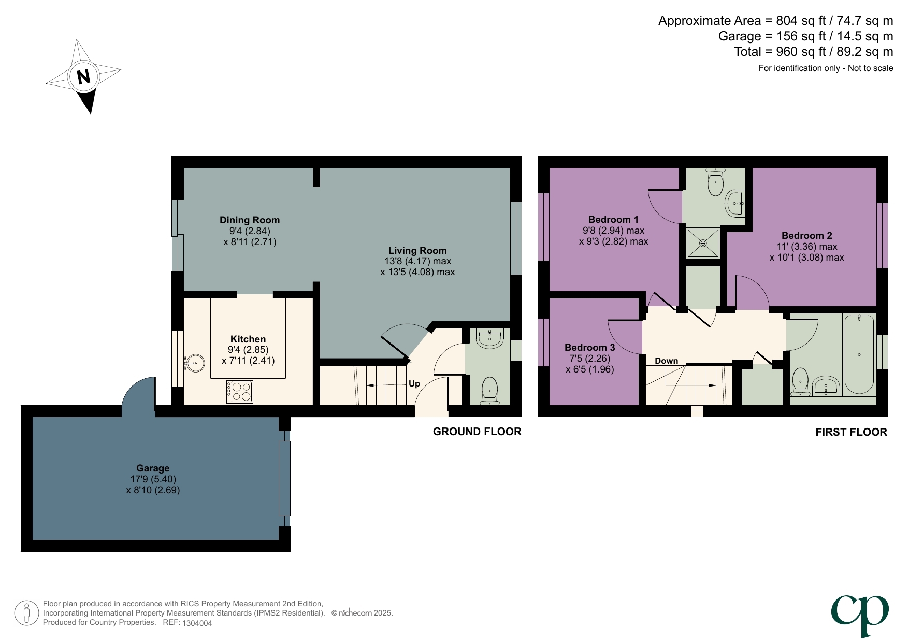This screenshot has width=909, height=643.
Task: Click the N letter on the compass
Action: [x=83, y=77]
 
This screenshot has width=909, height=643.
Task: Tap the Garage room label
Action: [x=153, y=468]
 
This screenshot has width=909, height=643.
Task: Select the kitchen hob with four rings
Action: [x=240, y=392]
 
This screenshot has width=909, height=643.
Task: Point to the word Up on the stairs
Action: [x=414, y=384]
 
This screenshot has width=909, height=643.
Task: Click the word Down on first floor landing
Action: [x=666, y=361]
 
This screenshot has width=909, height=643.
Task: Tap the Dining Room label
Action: [x=249, y=220]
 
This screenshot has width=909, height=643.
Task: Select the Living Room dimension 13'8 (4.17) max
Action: [x=417, y=261]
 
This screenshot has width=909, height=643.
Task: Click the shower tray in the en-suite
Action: [x=703, y=243]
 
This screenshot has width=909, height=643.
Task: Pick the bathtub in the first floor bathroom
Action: [x=859, y=355]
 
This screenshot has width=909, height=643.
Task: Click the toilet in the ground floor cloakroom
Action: [x=489, y=391]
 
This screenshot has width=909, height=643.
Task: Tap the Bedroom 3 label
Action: [x=589, y=348]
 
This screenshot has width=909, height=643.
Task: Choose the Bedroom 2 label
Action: [x=806, y=236]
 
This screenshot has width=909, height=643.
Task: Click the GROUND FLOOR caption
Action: [x=477, y=432]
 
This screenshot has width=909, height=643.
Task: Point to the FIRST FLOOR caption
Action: [x=851, y=432]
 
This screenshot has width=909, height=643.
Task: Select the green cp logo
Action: [x=860, y=615]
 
